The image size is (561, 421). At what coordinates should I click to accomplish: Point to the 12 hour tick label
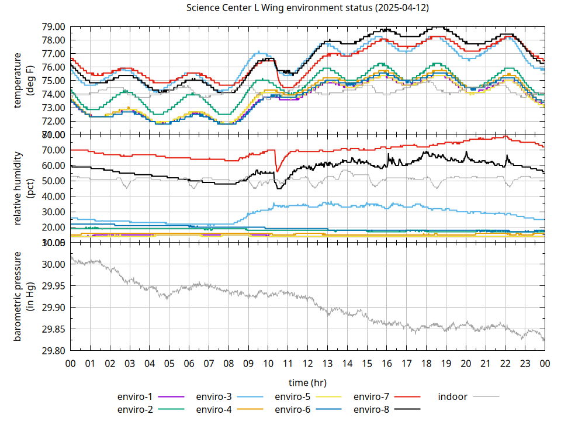coord(307,364)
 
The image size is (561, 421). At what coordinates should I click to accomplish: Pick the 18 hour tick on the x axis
coord(426,364)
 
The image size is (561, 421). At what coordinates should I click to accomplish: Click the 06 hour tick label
coord(189,364)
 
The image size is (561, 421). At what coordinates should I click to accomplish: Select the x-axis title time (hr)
coord(307,382)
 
